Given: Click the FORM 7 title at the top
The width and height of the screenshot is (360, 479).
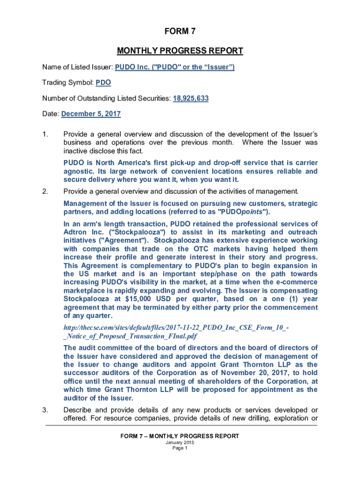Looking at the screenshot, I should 180,31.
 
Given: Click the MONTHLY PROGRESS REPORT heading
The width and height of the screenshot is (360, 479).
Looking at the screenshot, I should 180,51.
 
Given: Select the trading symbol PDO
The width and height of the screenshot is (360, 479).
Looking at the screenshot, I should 103,83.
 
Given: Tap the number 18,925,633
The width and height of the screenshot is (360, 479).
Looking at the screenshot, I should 191,99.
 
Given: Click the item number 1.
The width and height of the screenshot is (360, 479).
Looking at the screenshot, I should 45,135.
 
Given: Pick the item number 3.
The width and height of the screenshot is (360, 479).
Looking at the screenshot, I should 45,410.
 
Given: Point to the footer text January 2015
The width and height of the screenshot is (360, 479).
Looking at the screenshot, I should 180,443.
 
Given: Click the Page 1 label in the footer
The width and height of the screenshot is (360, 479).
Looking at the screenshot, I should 180,448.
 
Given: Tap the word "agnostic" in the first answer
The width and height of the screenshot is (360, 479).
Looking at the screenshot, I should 79,171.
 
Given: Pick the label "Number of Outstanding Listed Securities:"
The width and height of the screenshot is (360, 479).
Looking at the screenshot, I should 106,99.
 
